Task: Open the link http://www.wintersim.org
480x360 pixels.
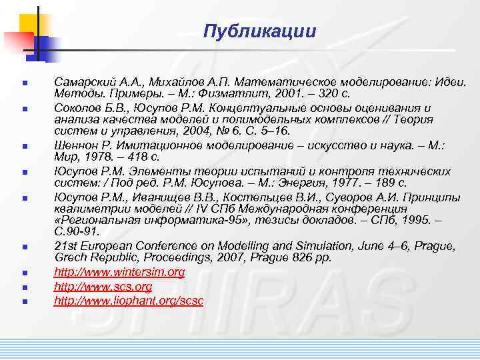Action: (119, 273)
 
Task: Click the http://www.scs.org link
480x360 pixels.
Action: (103, 287)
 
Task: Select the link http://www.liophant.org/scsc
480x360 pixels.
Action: (129, 301)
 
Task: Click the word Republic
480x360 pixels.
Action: (112, 258)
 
